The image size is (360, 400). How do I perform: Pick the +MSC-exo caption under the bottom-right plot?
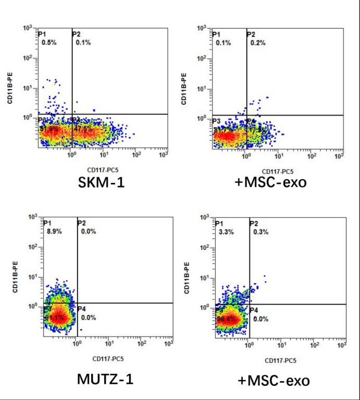(274, 380)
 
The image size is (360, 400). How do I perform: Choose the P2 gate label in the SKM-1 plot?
(77, 34)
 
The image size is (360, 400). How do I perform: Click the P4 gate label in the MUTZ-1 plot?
(82, 308)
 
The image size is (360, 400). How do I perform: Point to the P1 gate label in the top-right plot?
(216, 34)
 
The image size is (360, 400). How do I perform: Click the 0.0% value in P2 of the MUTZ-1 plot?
(86, 231)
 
